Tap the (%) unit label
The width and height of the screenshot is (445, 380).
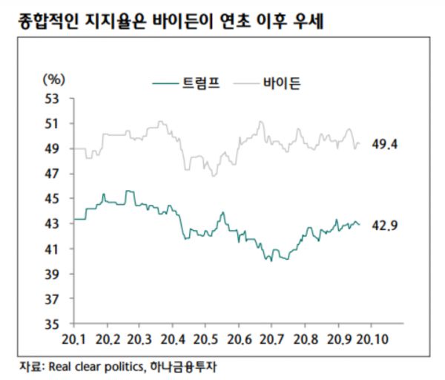[56, 78]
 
